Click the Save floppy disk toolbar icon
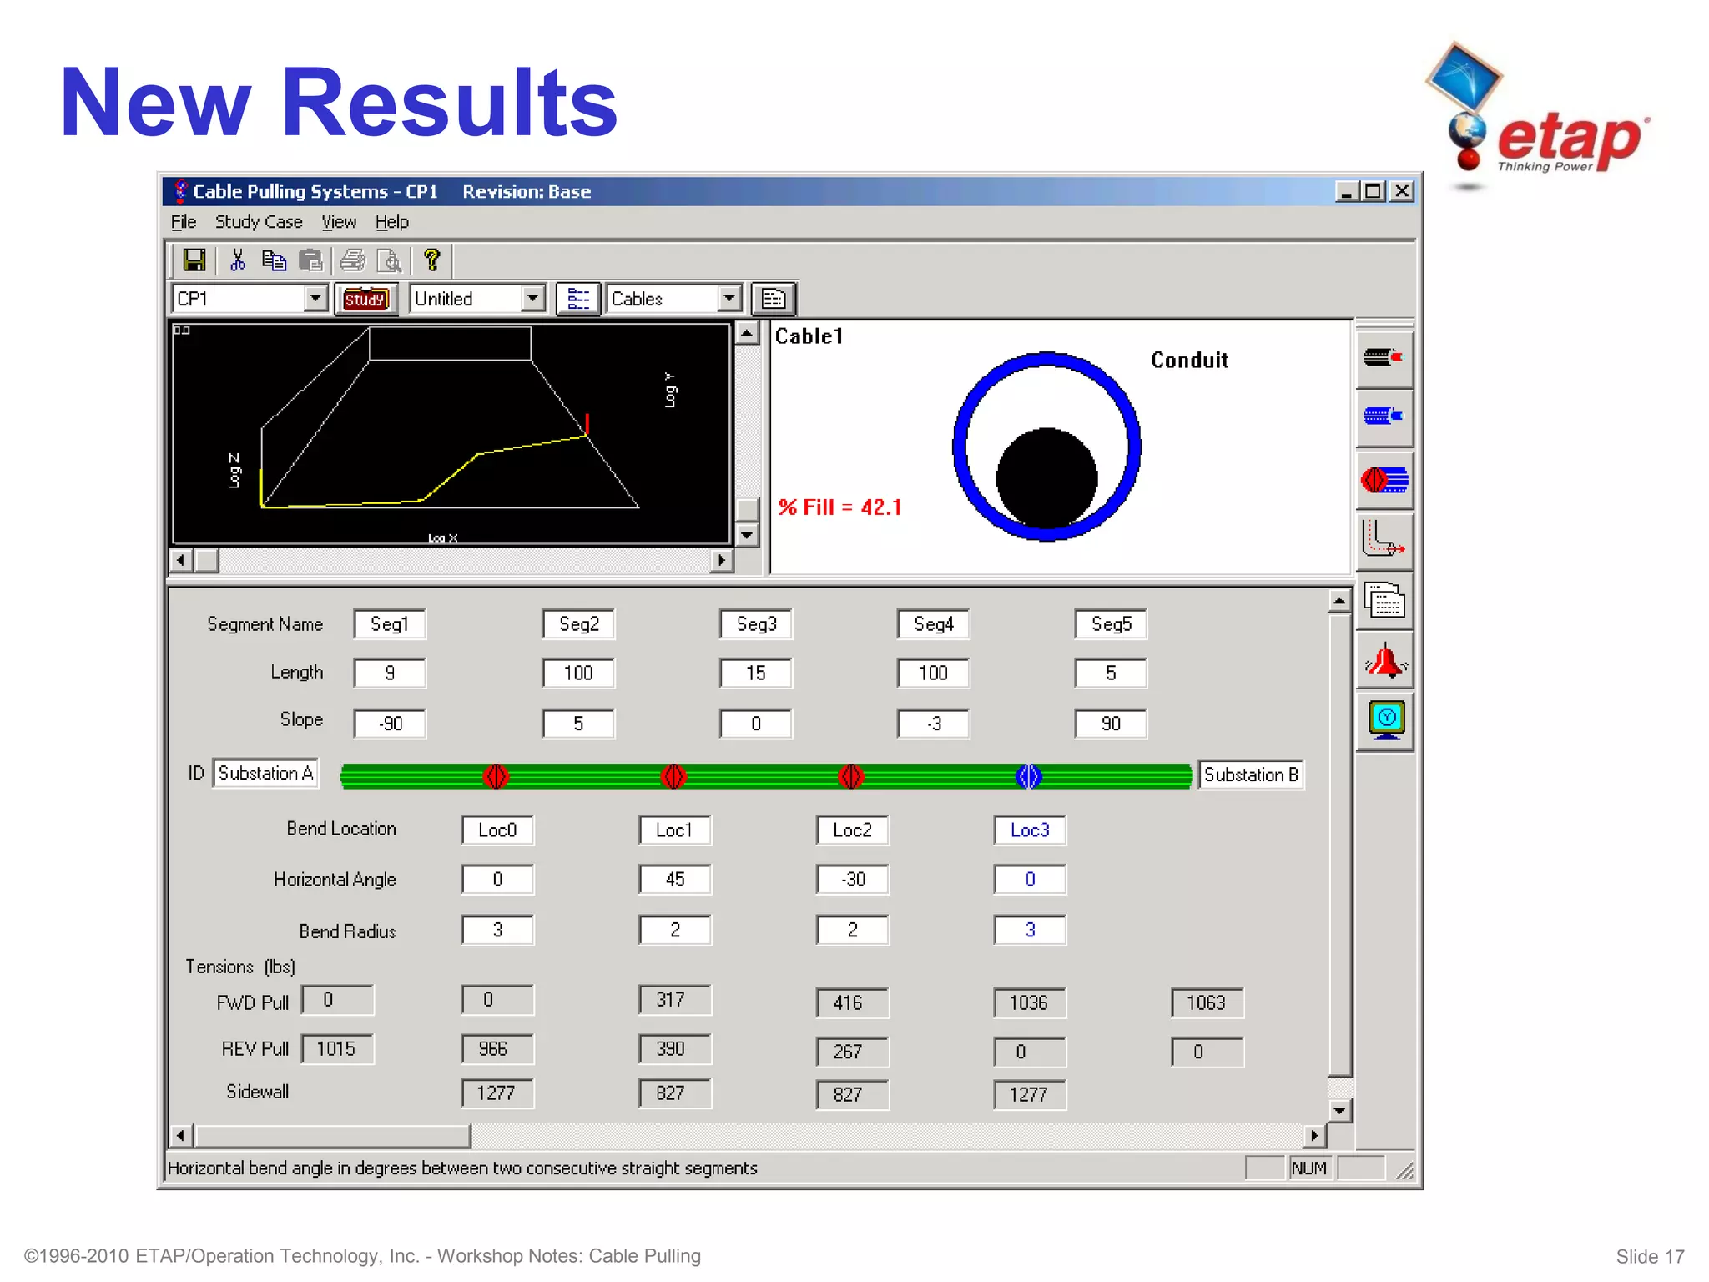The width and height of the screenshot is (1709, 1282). click(x=194, y=260)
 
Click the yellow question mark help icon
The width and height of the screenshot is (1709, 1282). click(x=431, y=260)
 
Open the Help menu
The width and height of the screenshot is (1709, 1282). click(x=391, y=222)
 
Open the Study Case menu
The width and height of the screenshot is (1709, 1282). click(x=259, y=222)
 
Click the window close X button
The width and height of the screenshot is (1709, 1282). click(x=1403, y=191)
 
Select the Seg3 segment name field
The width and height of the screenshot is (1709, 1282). click(x=756, y=624)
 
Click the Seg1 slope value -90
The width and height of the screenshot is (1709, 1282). click(x=390, y=724)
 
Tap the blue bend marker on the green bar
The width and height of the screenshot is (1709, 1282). click(x=1029, y=776)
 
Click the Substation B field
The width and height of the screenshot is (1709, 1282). click(x=1250, y=775)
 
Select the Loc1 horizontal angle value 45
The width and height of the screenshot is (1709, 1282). click(x=674, y=880)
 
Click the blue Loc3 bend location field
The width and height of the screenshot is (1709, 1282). click(x=1030, y=830)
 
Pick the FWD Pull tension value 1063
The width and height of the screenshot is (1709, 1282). click(x=1206, y=1002)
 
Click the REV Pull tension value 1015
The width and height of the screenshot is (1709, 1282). click(x=336, y=1049)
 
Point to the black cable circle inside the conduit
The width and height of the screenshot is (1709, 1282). click(x=1046, y=477)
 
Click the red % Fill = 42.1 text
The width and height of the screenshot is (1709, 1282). click(x=839, y=507)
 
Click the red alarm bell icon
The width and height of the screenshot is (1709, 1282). click(x=1385, y=662)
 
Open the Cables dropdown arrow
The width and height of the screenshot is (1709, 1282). click(x=729, y=298)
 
